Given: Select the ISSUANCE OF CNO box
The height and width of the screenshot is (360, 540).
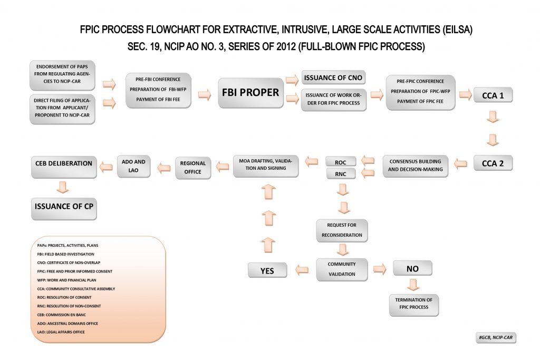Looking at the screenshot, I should coord(333,78).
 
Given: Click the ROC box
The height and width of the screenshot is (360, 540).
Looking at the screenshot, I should coord(340,161).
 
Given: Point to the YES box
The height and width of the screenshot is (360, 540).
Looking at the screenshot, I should coord(268,270).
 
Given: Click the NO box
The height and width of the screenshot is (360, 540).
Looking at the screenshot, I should coord(412,268).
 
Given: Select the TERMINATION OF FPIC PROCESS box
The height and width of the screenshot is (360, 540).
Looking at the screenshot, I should coord(413,303).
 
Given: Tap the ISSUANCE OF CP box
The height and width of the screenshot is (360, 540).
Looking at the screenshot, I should coord(64,206).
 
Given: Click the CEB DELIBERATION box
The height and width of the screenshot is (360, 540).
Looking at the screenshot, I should coord(64,163).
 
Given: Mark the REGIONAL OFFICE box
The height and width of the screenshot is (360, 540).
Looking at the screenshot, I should coord(192,167).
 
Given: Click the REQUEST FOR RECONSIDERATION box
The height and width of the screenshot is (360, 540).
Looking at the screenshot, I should coord(341,230).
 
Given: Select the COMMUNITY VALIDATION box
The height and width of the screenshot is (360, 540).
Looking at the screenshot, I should coord(341,269).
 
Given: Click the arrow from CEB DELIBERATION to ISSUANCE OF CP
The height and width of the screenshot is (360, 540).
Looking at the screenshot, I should coord(63,186).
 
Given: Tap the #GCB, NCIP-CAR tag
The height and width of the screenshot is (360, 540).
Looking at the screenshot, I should coord(495,338).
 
